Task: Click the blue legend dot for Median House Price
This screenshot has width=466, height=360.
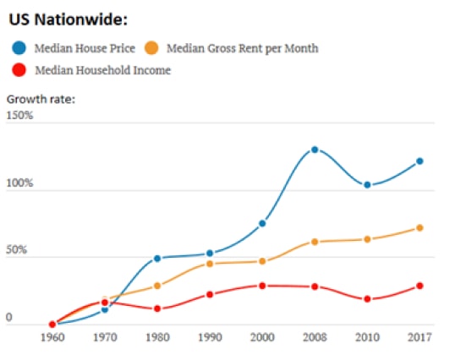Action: pyautogui.click(x=19, y=48)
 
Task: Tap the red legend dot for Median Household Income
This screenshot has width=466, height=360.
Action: pyautogui.click(x=19, y=69)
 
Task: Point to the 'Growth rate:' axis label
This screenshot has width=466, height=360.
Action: pyautogui.click(x=41, y=99)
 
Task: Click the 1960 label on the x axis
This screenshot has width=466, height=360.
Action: pyautogui.click(x=52, y=338)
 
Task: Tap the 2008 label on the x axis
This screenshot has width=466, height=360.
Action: pyautogui.click(x=315, y=338)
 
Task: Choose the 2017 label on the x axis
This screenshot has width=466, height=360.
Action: pyautogui.click(x=419, y=338)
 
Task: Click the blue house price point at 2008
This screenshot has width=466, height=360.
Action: pyautogui.click(x=315, y=150)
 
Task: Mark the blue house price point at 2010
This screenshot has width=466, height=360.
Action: pyautogui.click(x=367, y=184)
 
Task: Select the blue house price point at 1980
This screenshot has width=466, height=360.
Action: pyautogui.click(x=157, y=258)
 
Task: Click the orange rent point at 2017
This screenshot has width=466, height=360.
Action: pyautogui.click(x=419, y=228)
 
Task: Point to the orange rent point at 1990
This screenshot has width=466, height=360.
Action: pyautogui.click(x=210, y=264)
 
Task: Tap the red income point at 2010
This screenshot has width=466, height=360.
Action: pyautogui.click(x=367, y=299)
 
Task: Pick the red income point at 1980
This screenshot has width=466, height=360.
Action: pyautogui.click(x=157, y=308)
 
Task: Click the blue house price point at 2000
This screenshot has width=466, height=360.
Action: pyautogui.click(x=262, y=223)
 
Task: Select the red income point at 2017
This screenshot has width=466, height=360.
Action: pyautogui.click(x=419, y=286)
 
